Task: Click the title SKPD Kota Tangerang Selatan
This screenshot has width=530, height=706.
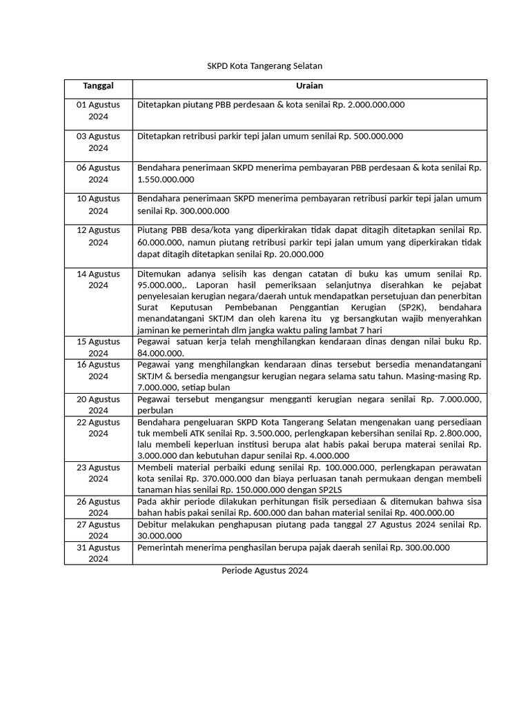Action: pos(265,66)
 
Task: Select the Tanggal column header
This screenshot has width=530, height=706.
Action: pos(98,86)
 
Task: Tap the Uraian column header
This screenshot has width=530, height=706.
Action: pos(309,86)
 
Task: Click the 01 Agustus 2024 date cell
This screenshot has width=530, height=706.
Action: pos(98,110)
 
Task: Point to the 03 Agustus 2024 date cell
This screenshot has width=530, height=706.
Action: pos(98,142)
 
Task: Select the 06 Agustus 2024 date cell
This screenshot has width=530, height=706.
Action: pos(98,173)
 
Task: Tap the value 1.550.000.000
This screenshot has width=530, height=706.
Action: pos(166,180)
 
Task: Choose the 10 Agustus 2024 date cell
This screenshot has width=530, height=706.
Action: pos(98,205)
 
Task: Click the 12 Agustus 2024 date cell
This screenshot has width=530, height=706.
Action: pos(98,236)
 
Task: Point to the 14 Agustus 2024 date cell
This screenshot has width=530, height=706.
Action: pos(98,279)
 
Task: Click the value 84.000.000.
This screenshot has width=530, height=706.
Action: pos(161,353)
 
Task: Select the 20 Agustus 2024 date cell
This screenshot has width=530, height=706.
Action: pos(98,405)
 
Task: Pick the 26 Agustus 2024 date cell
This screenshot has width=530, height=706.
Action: pos(98,507)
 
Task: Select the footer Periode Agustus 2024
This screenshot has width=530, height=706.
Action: pos(265,571)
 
